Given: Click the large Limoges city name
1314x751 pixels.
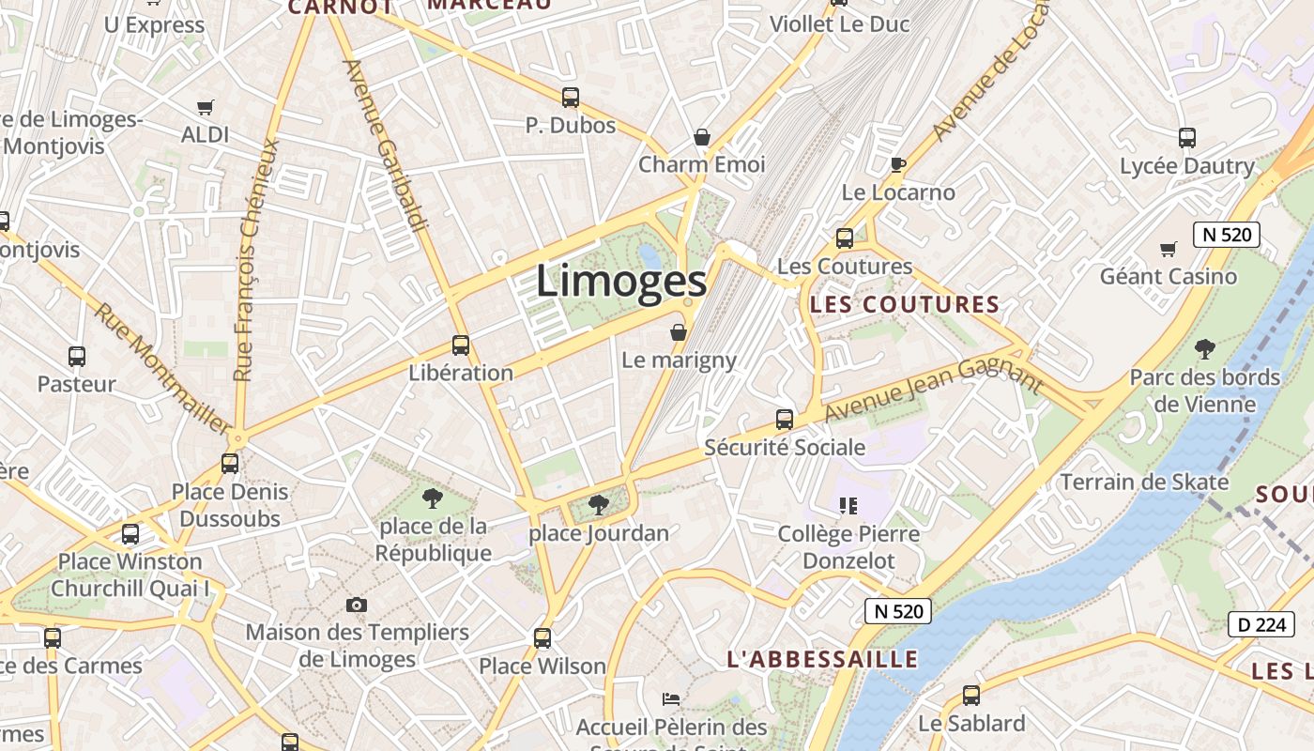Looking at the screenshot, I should [621, 282].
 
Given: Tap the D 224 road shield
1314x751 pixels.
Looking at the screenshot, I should [1261, 624].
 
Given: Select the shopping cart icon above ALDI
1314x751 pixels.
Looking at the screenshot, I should [206, 107].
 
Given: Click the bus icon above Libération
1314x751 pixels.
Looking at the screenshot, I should [461, 345].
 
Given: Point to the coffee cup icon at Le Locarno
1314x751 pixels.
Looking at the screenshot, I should [898, 165].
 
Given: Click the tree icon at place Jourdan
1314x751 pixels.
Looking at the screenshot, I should [598, 506].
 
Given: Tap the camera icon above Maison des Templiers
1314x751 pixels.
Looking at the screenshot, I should [357, 605].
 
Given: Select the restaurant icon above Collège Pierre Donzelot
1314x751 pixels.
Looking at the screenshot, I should [848, 506].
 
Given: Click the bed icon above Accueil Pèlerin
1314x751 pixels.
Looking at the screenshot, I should [671, 699].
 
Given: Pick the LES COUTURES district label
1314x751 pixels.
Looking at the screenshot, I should [905, 304].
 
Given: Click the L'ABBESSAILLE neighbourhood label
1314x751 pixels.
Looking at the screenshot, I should [822, 659].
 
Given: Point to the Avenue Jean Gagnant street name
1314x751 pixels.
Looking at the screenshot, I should [934, 389].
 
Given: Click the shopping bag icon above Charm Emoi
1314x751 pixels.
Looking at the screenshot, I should [702, 138].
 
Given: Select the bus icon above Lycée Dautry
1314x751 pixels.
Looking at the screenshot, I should [1187, 138].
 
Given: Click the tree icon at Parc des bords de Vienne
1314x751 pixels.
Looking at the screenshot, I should [1205, 350].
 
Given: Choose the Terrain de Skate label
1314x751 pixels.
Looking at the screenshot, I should [1144, 483].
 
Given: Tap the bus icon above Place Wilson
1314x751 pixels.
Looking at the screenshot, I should [542, 639].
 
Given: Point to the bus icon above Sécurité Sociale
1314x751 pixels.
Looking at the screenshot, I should [785, 420].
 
